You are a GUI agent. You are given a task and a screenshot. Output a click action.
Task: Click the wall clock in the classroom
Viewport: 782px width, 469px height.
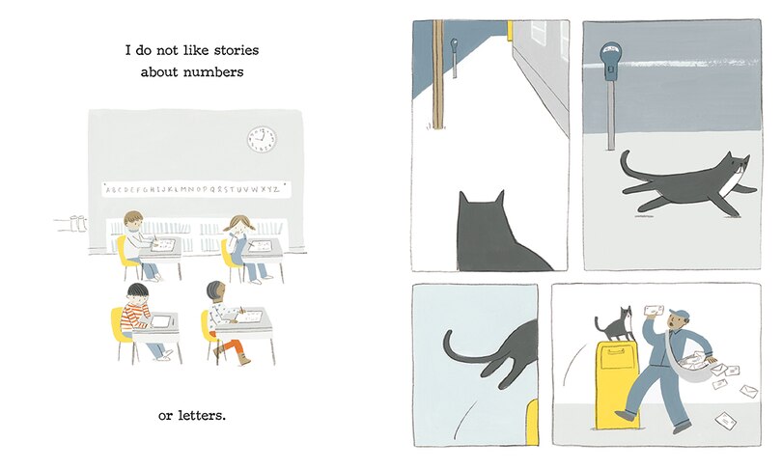coord(261,140)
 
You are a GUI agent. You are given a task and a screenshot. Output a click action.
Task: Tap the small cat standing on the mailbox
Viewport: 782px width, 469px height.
coord(614,323)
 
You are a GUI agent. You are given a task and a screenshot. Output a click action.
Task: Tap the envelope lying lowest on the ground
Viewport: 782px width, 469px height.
coord(725,420)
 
